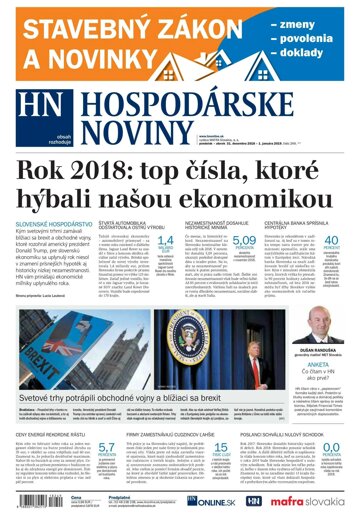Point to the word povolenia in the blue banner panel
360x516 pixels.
(x=315, y=39)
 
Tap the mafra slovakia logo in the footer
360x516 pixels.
(x=311, y=498)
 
